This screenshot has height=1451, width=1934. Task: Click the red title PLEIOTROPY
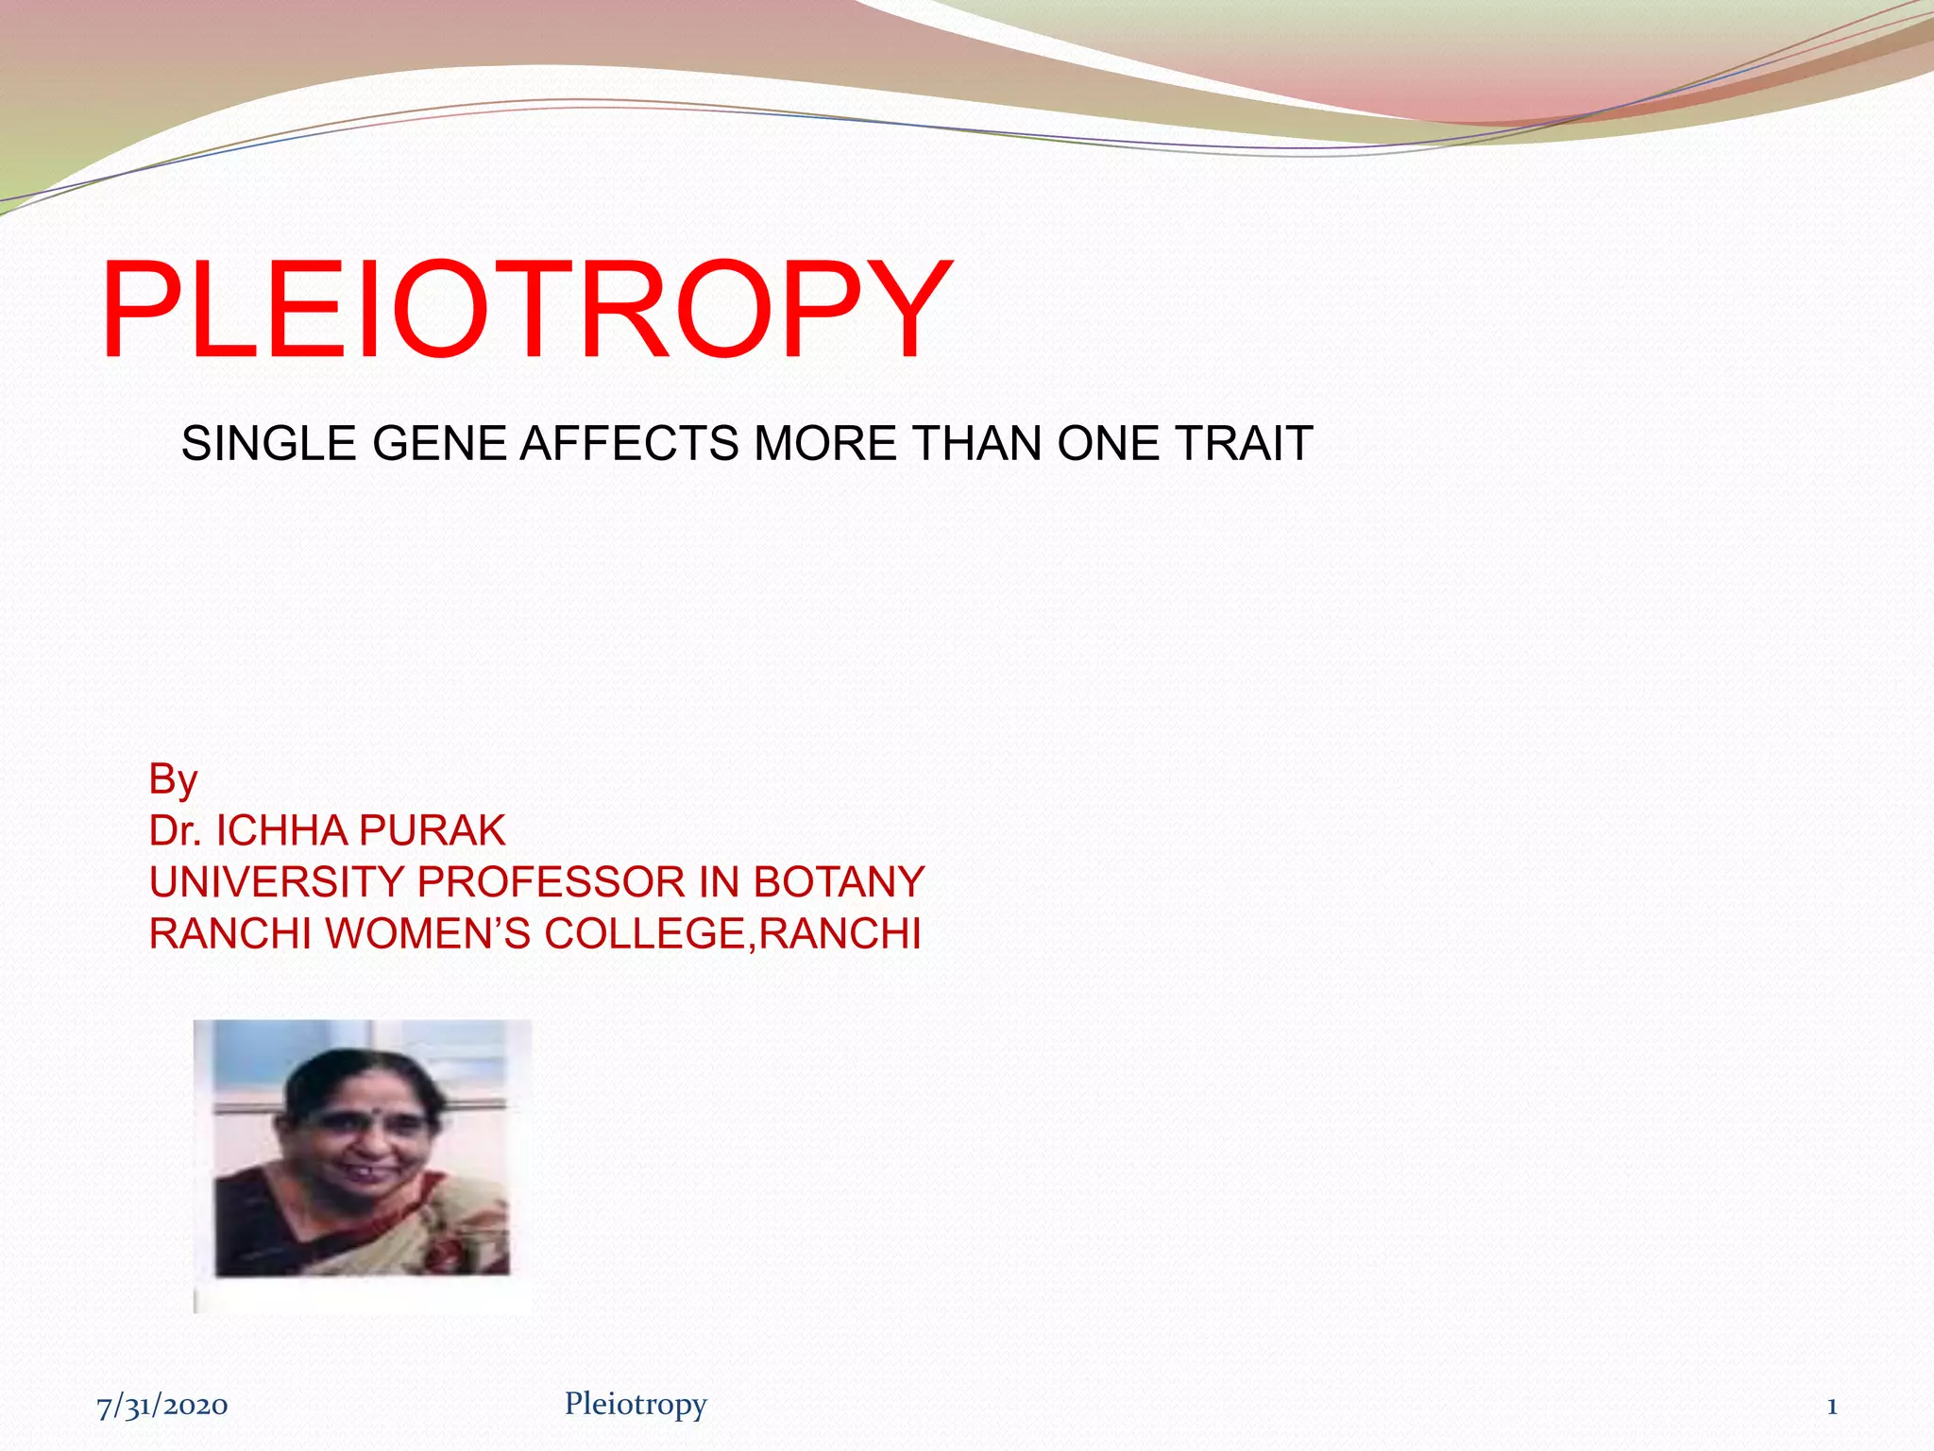click(525, 310)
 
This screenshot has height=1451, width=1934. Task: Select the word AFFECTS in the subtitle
click(630, 444)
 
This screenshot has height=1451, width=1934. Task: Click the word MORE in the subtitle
click(823, 444)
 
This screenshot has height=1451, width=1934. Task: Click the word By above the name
click(173, 780)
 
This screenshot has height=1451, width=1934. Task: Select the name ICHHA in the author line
click(283, 831)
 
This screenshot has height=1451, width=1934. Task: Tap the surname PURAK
click(433, 831)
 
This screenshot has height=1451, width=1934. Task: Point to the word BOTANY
click(839, 882)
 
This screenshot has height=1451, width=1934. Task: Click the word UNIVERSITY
click(277, 882)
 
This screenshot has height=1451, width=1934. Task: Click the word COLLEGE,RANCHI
click(733, 934)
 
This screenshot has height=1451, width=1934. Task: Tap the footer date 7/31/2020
click(162, 1406)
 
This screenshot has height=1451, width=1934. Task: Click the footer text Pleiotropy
click(636, 1405)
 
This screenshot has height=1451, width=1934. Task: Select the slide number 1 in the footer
click(1831, 1407)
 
